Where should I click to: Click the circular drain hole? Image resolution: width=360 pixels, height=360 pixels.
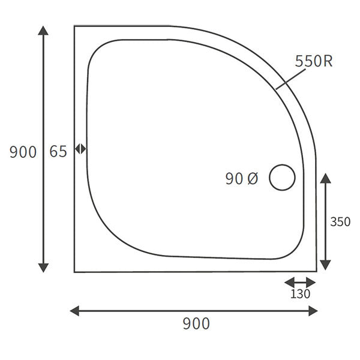pos(282,178)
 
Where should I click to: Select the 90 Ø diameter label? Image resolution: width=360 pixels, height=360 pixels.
pos(242,178)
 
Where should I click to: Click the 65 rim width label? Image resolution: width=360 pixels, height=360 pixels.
pos(58,152)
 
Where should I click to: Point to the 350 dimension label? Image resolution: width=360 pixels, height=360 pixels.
pos(340,221)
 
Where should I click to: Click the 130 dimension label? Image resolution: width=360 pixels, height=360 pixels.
pos(301,294)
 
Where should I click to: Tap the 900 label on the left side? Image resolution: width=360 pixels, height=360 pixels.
pos(23,152)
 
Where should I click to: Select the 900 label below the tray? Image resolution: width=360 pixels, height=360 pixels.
pos(196,324)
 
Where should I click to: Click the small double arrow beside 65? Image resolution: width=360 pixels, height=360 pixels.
pos(80,149)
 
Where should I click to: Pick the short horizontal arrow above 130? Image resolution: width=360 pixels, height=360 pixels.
pos(300,281)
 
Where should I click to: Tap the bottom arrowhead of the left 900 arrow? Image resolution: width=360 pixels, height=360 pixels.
pos(43,267)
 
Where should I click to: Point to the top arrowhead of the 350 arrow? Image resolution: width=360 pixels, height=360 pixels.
pos(325,178)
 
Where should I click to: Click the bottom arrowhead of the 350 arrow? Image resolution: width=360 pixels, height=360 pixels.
pos(325,265)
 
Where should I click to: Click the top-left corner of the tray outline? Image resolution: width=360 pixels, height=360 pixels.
pos(74,26)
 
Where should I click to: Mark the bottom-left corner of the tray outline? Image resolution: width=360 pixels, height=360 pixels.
pos(74,272)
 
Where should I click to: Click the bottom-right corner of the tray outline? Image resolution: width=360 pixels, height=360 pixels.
pos(316,271)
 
